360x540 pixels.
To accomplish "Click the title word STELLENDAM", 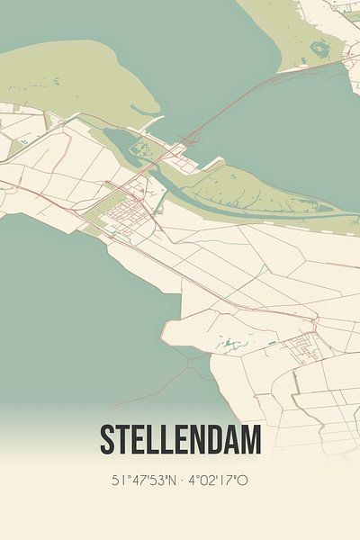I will (180, 440).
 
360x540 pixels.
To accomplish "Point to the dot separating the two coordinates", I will (182, 481).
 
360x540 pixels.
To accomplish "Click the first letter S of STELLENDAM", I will (107, 440).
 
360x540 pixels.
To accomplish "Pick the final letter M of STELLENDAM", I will (251, 440).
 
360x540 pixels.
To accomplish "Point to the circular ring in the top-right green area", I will (319, 48).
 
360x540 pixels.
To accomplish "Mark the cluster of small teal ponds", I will (229, 343).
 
